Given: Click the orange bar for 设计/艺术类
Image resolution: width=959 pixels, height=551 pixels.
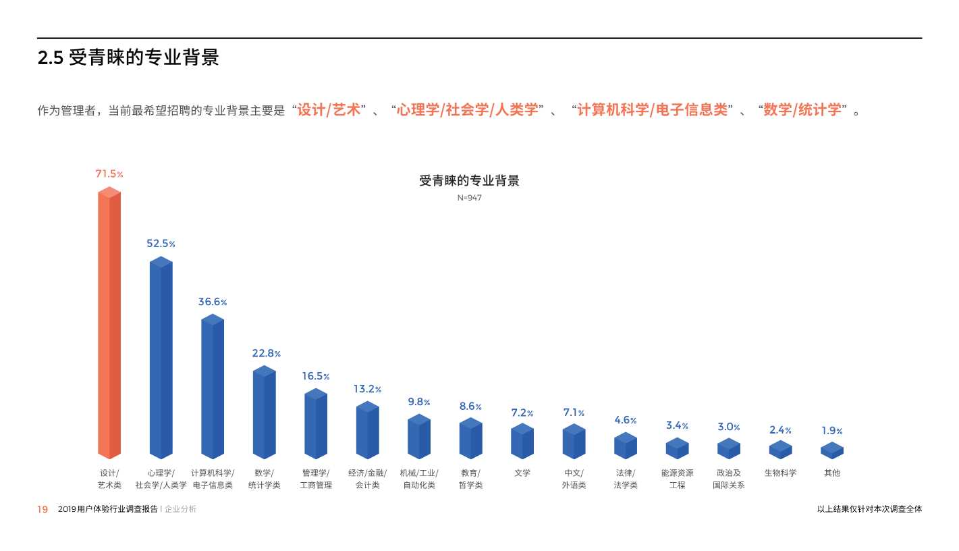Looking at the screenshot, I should pyautogui.click(x=109, y=324).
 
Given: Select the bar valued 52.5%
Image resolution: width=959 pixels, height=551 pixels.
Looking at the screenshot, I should pyautogui.click(x=161, y=358).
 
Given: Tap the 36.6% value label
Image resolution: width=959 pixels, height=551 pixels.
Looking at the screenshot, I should pyautogui.click(x=213, y=302).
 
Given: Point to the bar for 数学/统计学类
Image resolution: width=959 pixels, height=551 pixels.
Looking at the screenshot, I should pyautogui.click(x=264, y=412).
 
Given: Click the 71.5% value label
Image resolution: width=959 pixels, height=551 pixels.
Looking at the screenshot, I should pyautogui.click(x=109, y=174).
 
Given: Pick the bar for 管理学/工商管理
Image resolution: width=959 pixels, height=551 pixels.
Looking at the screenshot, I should pyautogui.click(x=316, y=424).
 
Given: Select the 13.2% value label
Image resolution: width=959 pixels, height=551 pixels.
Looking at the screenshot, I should pyautogui.click(x=368, y=389).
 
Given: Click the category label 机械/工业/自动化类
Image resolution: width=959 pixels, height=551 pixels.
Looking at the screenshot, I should pyautogui.click(x=419, y=479).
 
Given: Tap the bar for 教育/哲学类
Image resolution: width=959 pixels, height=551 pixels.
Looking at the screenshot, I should pyautogui.click(x=471, y=439).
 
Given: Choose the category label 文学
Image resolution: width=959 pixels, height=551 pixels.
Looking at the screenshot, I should pyautogui.click(x=522, y=473).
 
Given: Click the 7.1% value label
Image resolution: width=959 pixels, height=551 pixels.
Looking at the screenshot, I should pyautogui.click(x=574, y=413).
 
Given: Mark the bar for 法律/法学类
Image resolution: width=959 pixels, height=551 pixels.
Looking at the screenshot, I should pyautogui.click(x=626, y=446).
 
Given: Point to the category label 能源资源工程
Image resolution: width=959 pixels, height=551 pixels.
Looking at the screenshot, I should pyautogui.click(x=678, y=479).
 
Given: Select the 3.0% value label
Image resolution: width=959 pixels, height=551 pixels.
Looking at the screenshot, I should pyautogui.click(x=729, y=427).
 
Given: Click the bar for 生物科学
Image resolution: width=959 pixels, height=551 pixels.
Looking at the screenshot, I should pyautogui.click(x=781, y=450).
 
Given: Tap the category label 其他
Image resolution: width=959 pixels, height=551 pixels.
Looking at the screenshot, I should pyautogui.click(x=832, y=473).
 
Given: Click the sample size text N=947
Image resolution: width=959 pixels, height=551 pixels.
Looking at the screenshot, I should pyautogui.click(x=470, y=198).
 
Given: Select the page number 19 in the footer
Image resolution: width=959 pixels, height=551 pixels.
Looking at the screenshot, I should pyautogui.click(x=43, y=510).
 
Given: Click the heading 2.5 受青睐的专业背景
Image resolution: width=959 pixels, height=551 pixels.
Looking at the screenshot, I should pyautogui.click(x=128, y=58).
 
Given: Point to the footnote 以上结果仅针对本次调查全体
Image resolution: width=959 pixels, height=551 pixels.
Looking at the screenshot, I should pyautogui.click(x=869, y=509).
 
